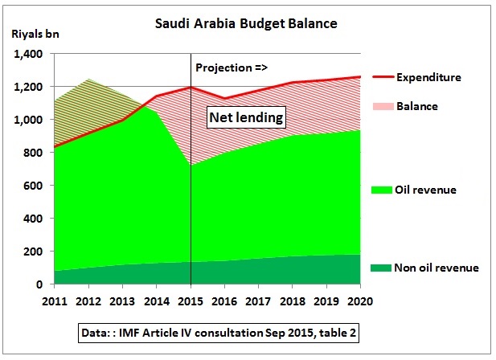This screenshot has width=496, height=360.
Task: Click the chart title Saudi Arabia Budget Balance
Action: tap(246, 23)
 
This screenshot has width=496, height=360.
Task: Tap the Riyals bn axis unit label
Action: tap(35, 34)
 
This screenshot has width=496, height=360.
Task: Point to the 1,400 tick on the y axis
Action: tap(28, 54)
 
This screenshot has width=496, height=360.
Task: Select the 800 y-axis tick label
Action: tap(33, 153)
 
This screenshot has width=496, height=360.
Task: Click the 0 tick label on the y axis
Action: tap(39, 284)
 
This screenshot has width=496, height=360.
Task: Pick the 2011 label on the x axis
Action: tap(55, 301)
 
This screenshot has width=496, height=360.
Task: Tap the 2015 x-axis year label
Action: tap(191, 301)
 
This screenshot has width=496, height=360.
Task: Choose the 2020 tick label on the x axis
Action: tap(360, 301)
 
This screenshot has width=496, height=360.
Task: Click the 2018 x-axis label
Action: tap(293, 301)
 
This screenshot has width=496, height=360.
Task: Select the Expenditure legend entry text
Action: tap(428, 77)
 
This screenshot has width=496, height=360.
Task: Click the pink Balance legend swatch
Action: tap(383, 106)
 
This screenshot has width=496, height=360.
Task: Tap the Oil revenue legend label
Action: tap(425, 190)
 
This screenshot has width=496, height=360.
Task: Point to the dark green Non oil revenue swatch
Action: tap(381, 268)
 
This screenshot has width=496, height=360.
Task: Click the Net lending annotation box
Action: tap(246, 117)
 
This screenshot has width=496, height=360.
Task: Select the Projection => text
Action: tap(232, 67)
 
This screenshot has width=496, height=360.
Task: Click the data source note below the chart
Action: tap(219, 333)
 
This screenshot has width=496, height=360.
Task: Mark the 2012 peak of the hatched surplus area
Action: tap(88, 79)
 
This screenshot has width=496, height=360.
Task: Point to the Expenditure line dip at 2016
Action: tap(224, 98)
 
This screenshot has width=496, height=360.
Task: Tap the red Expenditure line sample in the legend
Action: tap(383, 77)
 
